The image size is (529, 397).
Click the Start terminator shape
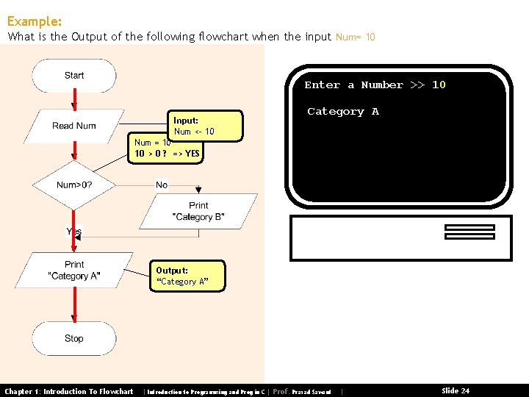(x=74, y=76)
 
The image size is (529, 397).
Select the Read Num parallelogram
(x=74, y=126)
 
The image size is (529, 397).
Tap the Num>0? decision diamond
(x=74, y=185)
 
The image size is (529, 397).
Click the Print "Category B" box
(x=198, y=211)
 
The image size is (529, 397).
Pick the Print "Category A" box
(x=74, y=270)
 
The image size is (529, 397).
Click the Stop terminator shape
(x=74, y=338)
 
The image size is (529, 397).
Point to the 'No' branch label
(x=162, y=185)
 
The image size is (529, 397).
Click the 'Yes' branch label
(x=74, y=232)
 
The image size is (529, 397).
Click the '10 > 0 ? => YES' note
(x=167, y=154)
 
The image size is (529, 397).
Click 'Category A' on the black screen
(x=342, y=112)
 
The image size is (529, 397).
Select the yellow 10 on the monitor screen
(x=439, y=85)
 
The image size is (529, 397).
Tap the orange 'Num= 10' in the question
(x=355, y=37)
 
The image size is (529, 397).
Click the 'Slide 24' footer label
(x=455, y=391)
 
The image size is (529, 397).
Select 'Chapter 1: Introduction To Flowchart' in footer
(x=69, y=391)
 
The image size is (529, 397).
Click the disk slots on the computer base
(x=469, y=232)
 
